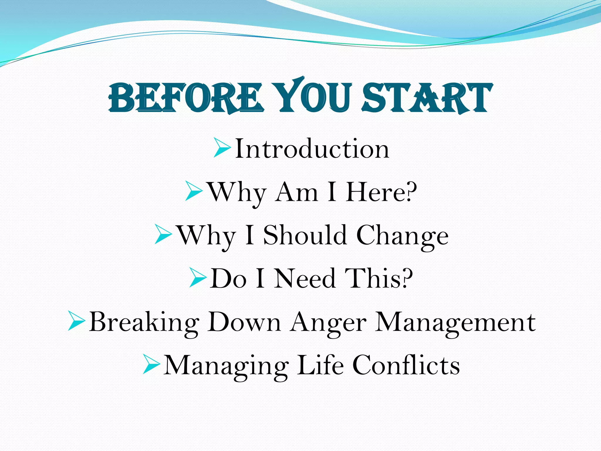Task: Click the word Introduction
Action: coord(312,149)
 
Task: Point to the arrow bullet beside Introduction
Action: coord(222,148)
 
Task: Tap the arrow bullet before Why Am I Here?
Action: coord(194,191)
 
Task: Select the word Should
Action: coord(305,235)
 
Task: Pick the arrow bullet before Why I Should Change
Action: coord(163,234)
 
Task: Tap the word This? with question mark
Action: coord(379,278)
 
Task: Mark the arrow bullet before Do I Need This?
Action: coord(198,277)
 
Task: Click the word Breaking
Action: coord(144,322)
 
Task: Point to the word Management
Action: coord(455,322)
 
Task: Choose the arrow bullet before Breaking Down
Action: coord(76,321)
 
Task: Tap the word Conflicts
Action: coord(406,365)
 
